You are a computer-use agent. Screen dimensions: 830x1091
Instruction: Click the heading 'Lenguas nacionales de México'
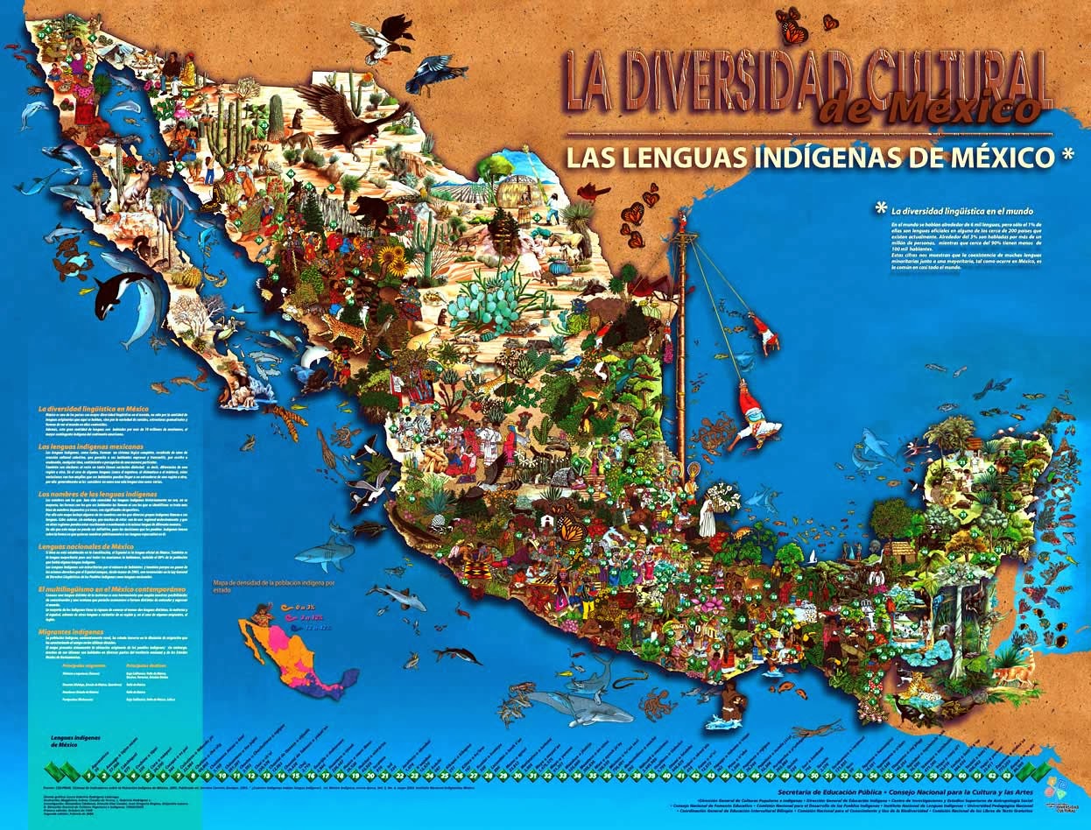point(85,546)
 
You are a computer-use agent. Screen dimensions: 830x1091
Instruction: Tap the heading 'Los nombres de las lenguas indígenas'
point(99,495)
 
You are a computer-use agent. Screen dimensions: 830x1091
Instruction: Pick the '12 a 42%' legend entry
point(316,627)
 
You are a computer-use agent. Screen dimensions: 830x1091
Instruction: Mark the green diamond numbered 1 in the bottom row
point(88,775)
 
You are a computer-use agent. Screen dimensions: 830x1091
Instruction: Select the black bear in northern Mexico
point(370,210)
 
